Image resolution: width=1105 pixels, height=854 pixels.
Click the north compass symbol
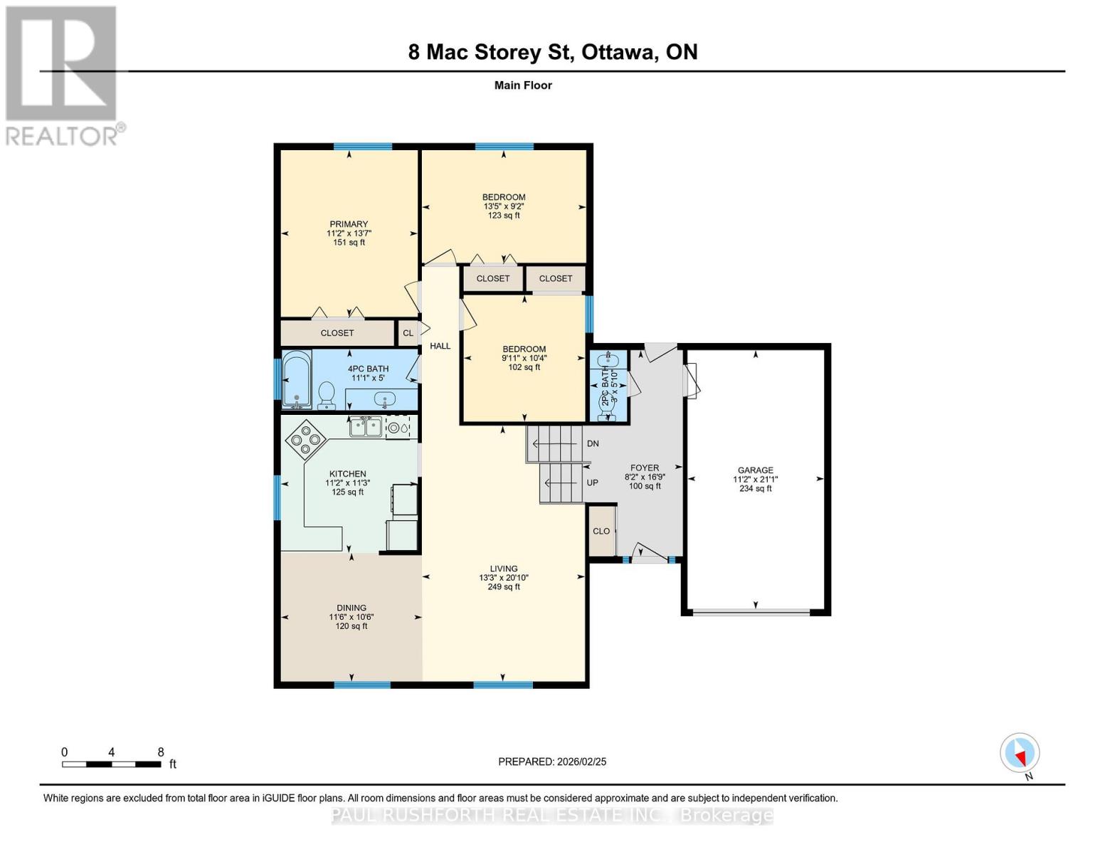[x=1019, y=753]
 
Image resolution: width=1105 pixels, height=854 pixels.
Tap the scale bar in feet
[x=112, y=764]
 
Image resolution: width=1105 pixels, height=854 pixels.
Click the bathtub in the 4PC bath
[x=297, y=380]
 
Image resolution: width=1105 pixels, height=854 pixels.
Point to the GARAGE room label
[x=755, y=470]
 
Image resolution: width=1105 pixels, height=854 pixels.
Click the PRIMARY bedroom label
[x=349, y=223]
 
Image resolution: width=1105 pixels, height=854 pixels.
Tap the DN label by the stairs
[x=593, y=443]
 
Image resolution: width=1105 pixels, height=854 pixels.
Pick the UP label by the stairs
[x=592, y=483]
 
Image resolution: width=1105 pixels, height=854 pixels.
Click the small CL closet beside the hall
[x=408, y=333]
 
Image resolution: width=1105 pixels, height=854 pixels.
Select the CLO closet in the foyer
[x=601, y=530]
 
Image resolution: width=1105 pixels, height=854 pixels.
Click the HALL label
[x=440, y=346]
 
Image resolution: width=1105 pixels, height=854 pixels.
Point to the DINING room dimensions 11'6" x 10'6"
[x=351, y=617]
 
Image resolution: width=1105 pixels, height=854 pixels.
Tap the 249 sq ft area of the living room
[x=504, y=586]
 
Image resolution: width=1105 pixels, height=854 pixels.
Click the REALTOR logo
[x=61, y=76]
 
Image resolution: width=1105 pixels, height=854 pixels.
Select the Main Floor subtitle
[x=523, y=85]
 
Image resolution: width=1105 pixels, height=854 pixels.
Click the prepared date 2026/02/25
[x=581, y=761]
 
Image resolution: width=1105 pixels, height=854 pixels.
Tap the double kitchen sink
[x=366, y=426]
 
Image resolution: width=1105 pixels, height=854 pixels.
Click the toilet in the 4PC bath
[x=326, y=396]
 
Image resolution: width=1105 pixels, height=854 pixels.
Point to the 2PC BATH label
[x=605, y=385]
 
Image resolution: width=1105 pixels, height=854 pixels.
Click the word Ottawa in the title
[x=618, y=52]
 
